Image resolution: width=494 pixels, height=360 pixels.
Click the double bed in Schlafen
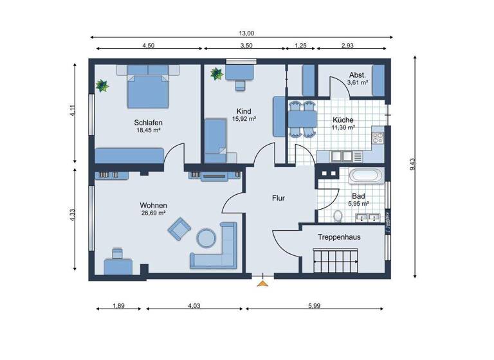tap(149, 90)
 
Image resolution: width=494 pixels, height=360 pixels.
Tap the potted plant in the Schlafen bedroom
tap(101, 85)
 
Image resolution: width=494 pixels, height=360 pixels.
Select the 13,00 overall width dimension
tap(247, 33)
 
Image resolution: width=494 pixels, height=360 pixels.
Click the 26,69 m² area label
tap(154, 213)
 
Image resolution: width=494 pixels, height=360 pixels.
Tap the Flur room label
tap(278, 199)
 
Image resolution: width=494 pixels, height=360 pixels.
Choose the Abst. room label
tap(358, 74)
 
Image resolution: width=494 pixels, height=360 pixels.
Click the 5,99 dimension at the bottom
tap(313, 305)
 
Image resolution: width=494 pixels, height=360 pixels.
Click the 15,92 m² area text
tap(244, 119)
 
